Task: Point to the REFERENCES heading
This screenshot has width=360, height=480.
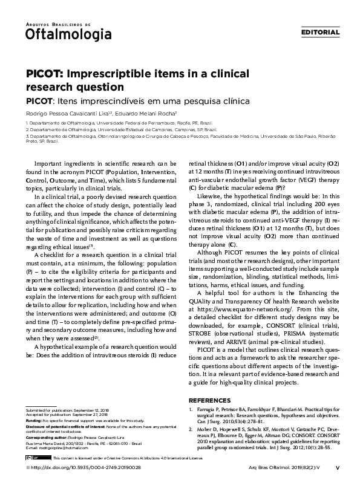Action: [210, 400]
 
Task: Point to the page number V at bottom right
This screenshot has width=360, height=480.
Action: [337, 467]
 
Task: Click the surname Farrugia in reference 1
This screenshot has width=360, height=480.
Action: [208, 409]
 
